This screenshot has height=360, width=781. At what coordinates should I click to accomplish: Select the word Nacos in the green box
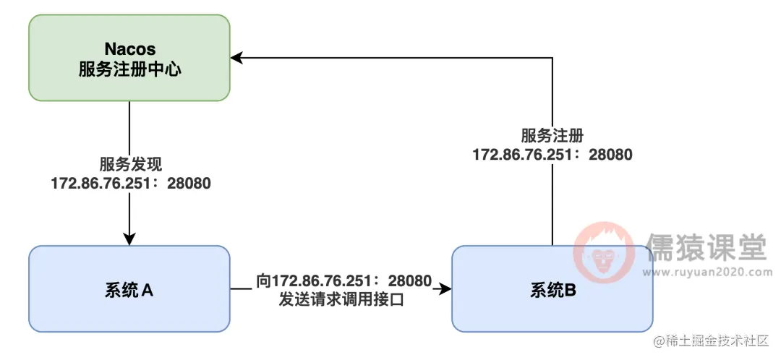pos(129,49)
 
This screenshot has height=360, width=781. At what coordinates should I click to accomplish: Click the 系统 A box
pos(129,288)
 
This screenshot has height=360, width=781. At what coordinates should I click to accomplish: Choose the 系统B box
pos(552,289)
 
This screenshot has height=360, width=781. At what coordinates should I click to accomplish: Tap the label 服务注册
pos(552,136)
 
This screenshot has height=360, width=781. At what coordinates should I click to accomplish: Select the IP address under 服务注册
pos(552,154)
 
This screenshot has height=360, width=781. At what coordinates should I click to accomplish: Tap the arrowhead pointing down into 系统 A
pos(129,239)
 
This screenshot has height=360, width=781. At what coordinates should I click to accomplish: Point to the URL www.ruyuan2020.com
pos(707,273)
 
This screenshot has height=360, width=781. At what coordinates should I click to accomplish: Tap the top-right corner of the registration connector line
pos(552,57)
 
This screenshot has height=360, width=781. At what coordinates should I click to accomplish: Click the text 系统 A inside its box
pos(129,290)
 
